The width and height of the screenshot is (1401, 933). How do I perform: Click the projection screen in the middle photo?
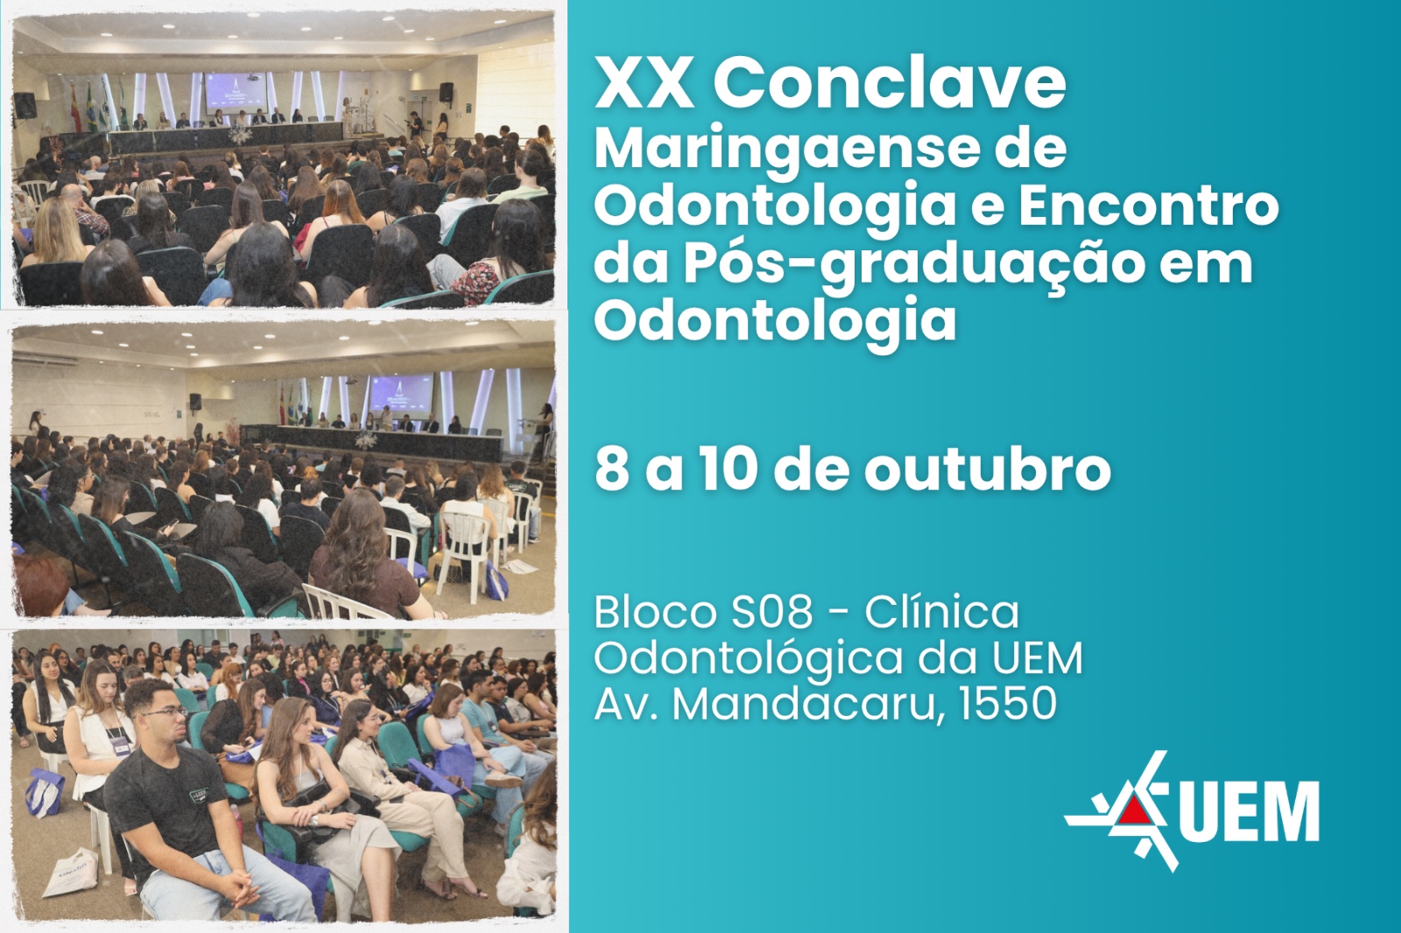click(401, 393)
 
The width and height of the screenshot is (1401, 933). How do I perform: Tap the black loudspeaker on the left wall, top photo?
click(25, 105)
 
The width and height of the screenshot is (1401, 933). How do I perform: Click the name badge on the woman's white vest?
click(117, 744)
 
